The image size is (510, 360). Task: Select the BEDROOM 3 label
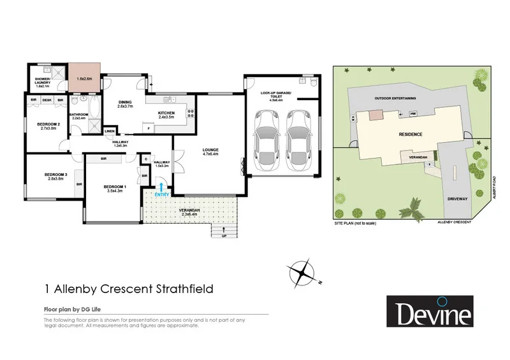point(55,176)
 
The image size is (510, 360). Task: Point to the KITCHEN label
point(166,115)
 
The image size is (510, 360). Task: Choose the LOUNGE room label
point(210,150)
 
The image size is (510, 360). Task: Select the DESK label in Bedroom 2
point(47,100)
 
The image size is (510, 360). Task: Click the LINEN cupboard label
point(110,131)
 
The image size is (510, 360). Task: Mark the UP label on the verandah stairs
point(223,236)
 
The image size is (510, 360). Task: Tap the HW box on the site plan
point(413,113)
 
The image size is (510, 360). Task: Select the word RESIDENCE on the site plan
point(411,134)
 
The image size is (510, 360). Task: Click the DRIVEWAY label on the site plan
point(457,198)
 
